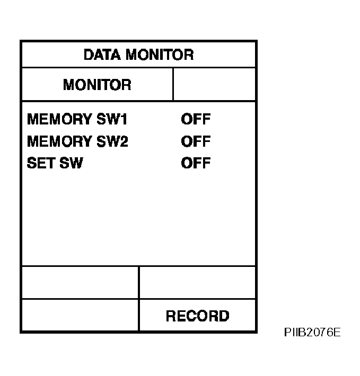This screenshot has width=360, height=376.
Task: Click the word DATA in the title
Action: click(102, 55)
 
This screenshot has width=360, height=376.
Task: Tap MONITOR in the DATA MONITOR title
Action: click(160, 55)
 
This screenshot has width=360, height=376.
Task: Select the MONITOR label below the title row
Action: click(97, 85)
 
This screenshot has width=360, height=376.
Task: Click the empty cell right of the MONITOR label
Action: click(214, 84)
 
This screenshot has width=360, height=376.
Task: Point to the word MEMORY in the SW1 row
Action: click(59, 119)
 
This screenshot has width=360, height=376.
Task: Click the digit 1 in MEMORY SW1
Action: click(124, 119)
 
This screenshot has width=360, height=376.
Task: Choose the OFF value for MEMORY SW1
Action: click(196, 119)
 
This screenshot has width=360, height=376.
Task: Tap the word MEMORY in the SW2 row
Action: click(59, 141)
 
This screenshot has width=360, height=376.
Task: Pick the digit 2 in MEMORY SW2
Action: click(124, 141)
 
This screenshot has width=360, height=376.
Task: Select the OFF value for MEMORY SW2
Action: click(196, 141)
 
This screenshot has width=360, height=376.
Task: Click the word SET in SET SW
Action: click(41, 163)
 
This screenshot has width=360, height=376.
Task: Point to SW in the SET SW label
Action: click(71, 163)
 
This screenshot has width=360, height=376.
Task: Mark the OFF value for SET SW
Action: click(196, 163)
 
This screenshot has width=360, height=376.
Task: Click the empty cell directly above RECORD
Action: click(197, 282)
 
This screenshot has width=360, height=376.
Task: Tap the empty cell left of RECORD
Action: click(80, 315)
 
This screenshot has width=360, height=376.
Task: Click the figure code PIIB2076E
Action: click(312, 333)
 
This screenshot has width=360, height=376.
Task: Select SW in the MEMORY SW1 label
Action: click(108, 119)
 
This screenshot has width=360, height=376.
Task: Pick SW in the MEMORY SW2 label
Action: click(108, 141)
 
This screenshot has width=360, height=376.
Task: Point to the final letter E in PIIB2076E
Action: click(337, 333)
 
